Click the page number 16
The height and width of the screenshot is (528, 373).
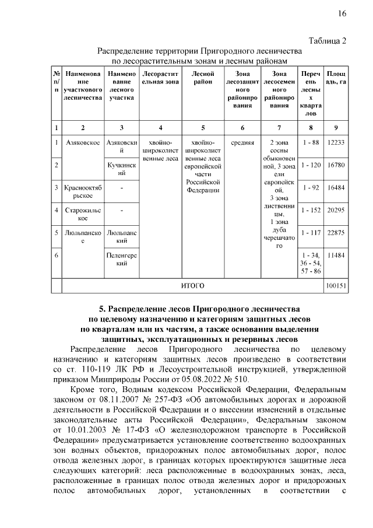click(342, 14)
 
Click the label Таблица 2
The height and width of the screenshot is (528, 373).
click(326, 40)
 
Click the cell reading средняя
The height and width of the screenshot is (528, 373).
click(242, 142)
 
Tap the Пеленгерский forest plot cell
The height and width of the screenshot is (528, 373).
click(121, 260)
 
